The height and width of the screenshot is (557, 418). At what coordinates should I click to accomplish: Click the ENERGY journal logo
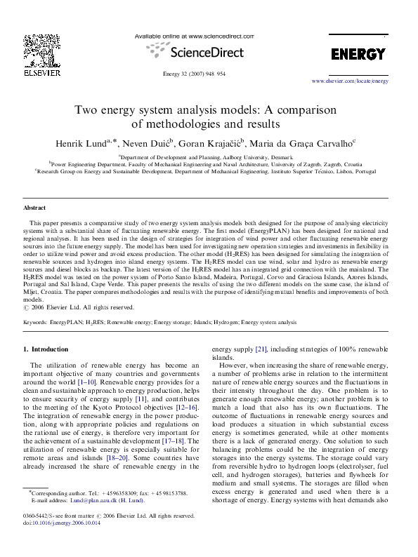[358, 54]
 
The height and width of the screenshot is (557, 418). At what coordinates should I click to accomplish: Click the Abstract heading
[35, 208]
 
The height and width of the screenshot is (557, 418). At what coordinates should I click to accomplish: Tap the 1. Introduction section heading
[46, 349]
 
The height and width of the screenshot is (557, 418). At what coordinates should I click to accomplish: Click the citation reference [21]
[261, 349]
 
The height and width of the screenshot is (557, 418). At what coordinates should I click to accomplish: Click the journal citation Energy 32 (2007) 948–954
[195, 72]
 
